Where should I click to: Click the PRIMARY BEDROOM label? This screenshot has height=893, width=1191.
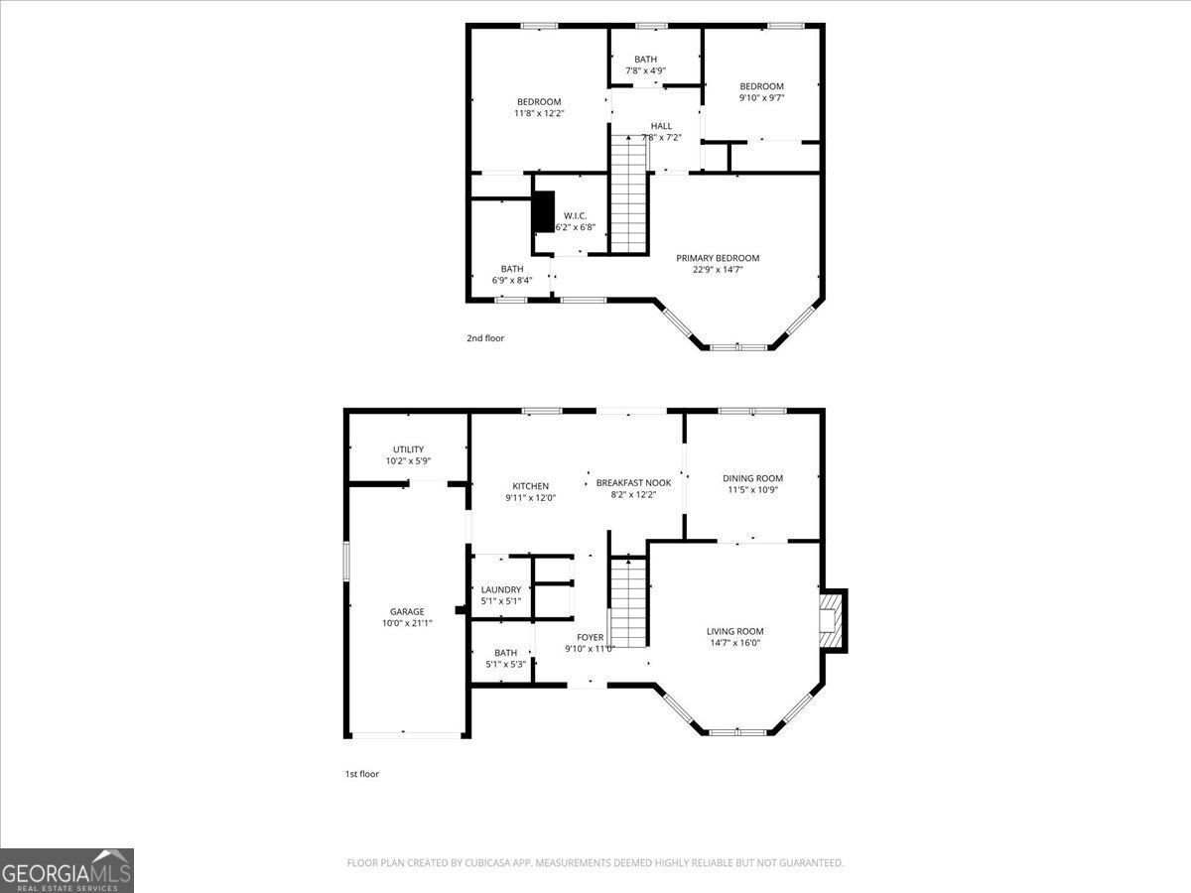(718, 258)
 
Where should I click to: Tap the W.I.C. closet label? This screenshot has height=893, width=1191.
(575, 215)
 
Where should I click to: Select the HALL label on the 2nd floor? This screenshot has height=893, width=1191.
(661, 126)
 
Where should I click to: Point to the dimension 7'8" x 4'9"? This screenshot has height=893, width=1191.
(646, 70)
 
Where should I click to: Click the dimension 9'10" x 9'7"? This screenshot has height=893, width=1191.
(762, 97)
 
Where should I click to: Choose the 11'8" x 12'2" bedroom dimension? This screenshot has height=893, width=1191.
(539, 113)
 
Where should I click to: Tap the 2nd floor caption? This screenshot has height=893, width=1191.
(485, 337)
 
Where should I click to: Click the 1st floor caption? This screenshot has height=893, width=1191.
(362, 774)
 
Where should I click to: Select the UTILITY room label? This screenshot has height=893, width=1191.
(408, 449)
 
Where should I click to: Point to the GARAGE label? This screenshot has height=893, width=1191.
(407, 611)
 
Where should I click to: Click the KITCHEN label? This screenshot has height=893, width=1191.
(531, 486)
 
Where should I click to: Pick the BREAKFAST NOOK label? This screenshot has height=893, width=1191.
(634, 482)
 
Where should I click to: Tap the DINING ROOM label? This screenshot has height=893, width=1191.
(752, 478)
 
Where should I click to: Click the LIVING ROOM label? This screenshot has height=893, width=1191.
(734, 631)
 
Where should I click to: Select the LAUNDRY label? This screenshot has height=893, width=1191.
(501, 589)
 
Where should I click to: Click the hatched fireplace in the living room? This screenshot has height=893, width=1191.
(830, 621)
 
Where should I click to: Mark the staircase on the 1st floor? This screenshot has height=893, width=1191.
(628, 602)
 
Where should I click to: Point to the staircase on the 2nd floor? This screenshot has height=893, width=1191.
(629, 194)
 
